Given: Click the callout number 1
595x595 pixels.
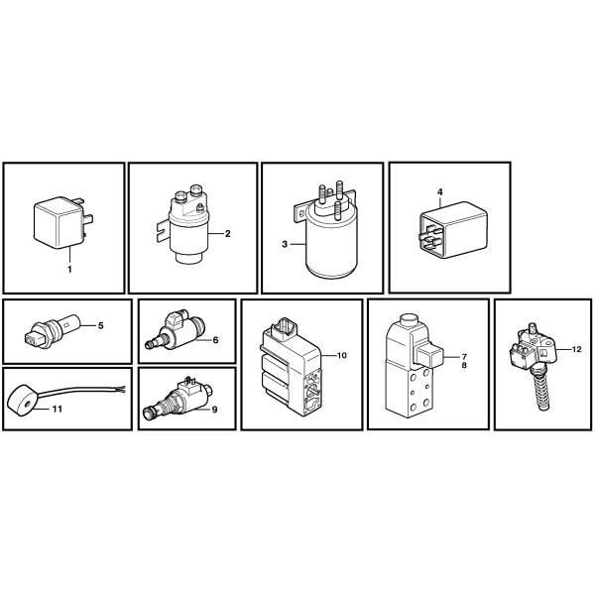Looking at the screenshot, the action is (x=69, y=270).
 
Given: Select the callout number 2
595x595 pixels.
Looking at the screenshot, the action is (x=227, y=234).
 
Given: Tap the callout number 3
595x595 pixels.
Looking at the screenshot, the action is (x=285, y=244).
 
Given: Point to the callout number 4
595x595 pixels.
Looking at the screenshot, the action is (x=439, y=192).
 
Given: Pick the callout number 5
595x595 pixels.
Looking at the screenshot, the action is (x=100, y=325).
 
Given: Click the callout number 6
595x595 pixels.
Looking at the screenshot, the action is (x=215, y=340).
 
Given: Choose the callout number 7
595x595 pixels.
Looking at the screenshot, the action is (x=464, y=357).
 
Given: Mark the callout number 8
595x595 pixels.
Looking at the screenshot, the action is (x=464, y=365).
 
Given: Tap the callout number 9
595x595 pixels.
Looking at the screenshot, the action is (x=215, y=410).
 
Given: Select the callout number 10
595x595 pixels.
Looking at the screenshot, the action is (x=342, y=355).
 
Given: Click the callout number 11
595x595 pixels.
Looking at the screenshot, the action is (x=58, y=409).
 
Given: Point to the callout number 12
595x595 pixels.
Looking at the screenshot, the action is (x=576, y=349).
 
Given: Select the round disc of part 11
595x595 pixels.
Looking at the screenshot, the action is (x=22, y=404).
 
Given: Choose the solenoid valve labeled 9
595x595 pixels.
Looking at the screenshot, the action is (x=177, y=400).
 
